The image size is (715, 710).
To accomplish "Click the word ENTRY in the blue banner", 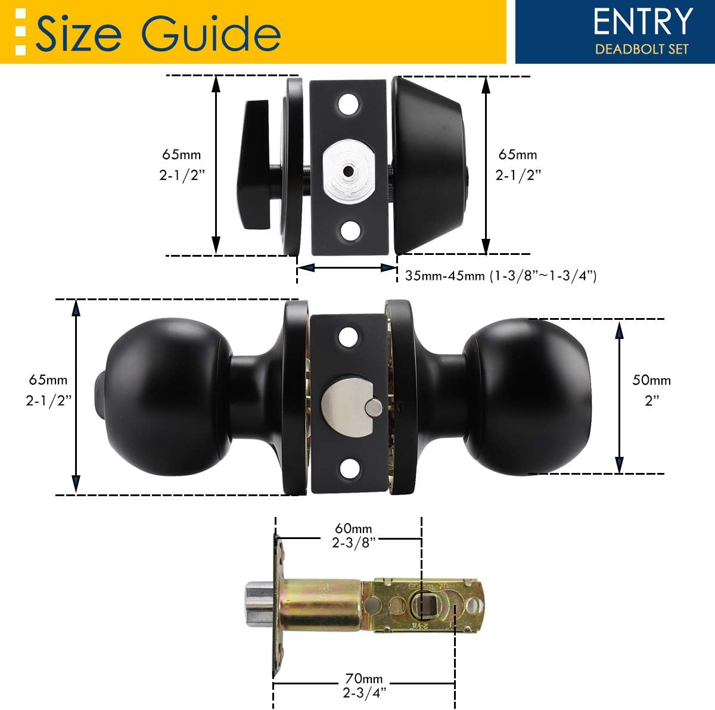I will coord(643,23).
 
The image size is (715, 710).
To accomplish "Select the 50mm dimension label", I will coord(651,380).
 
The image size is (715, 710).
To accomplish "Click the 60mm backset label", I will coord(353,528).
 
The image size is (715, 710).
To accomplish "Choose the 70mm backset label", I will coord(363,678).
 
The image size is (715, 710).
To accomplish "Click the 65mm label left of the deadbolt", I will coord(182,154).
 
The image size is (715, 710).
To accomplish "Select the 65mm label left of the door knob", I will coord(48,380).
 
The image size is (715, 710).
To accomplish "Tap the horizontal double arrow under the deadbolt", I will coord(347,268).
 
